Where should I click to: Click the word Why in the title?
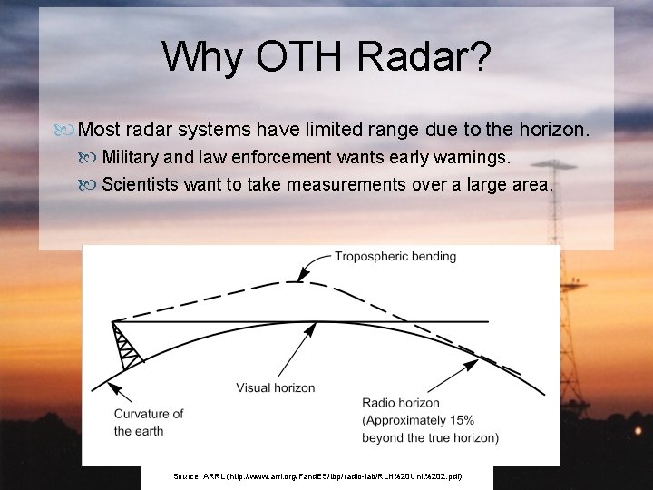point(201,56)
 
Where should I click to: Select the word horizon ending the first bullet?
point(555,131)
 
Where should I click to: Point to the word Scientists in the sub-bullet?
point(141,185)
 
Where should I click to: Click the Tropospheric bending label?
point(395,257)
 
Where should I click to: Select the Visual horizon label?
point(276,387)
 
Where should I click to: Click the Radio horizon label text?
point(401,403)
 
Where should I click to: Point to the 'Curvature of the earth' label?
point(148,422)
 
